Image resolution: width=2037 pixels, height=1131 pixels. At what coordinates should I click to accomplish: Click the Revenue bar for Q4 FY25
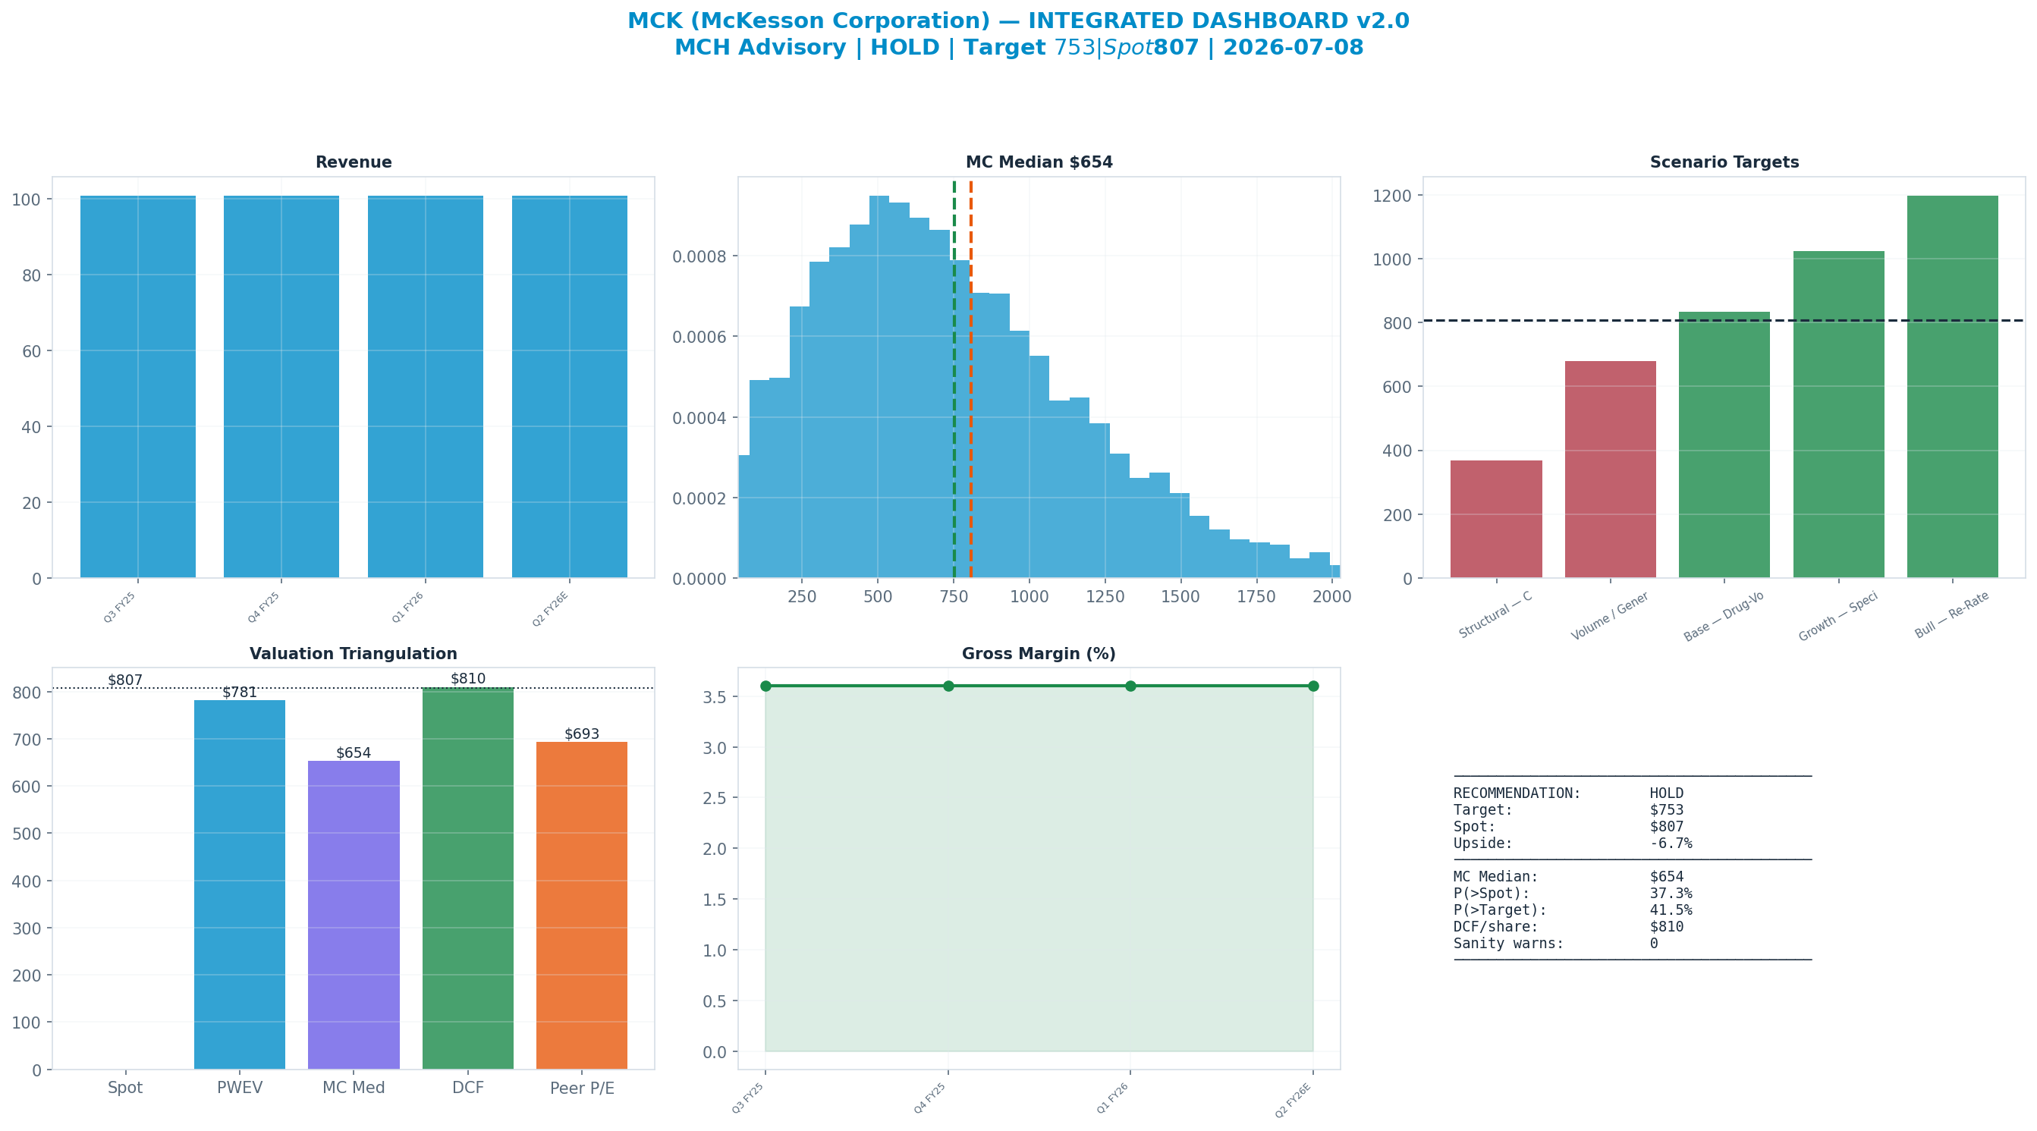pos(281,387)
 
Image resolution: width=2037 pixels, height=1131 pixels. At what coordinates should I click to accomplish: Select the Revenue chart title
pos(354,162)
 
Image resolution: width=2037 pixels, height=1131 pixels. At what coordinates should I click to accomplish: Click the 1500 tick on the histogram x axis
pos(1180,596)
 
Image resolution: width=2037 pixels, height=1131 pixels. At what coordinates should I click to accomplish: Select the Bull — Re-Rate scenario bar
pos(1952,387)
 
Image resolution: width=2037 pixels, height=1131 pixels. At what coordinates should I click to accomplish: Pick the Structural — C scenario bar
pos(1496,519)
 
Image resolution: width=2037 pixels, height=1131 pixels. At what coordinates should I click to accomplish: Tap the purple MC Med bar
pos(354,915)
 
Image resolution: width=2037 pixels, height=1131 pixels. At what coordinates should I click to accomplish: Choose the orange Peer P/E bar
pos(582,906)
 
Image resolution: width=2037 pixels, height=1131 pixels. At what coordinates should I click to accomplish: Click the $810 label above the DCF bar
pos(468,679)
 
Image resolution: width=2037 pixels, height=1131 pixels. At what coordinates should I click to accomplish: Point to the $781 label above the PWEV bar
pos(240,693)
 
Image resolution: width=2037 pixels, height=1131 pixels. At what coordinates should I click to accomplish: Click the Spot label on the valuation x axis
pos(125,1088)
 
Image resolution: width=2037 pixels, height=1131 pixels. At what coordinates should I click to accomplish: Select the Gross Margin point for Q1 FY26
pos(1131,686)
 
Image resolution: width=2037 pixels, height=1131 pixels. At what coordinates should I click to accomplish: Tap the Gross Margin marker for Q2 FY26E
pos(1313,686)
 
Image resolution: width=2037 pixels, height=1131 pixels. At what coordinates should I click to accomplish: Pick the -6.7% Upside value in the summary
pos(1671,843)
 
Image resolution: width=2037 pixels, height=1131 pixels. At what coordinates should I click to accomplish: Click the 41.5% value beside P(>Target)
pos(1671,910)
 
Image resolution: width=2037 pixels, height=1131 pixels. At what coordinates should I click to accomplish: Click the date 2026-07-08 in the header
pos(1294,48)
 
